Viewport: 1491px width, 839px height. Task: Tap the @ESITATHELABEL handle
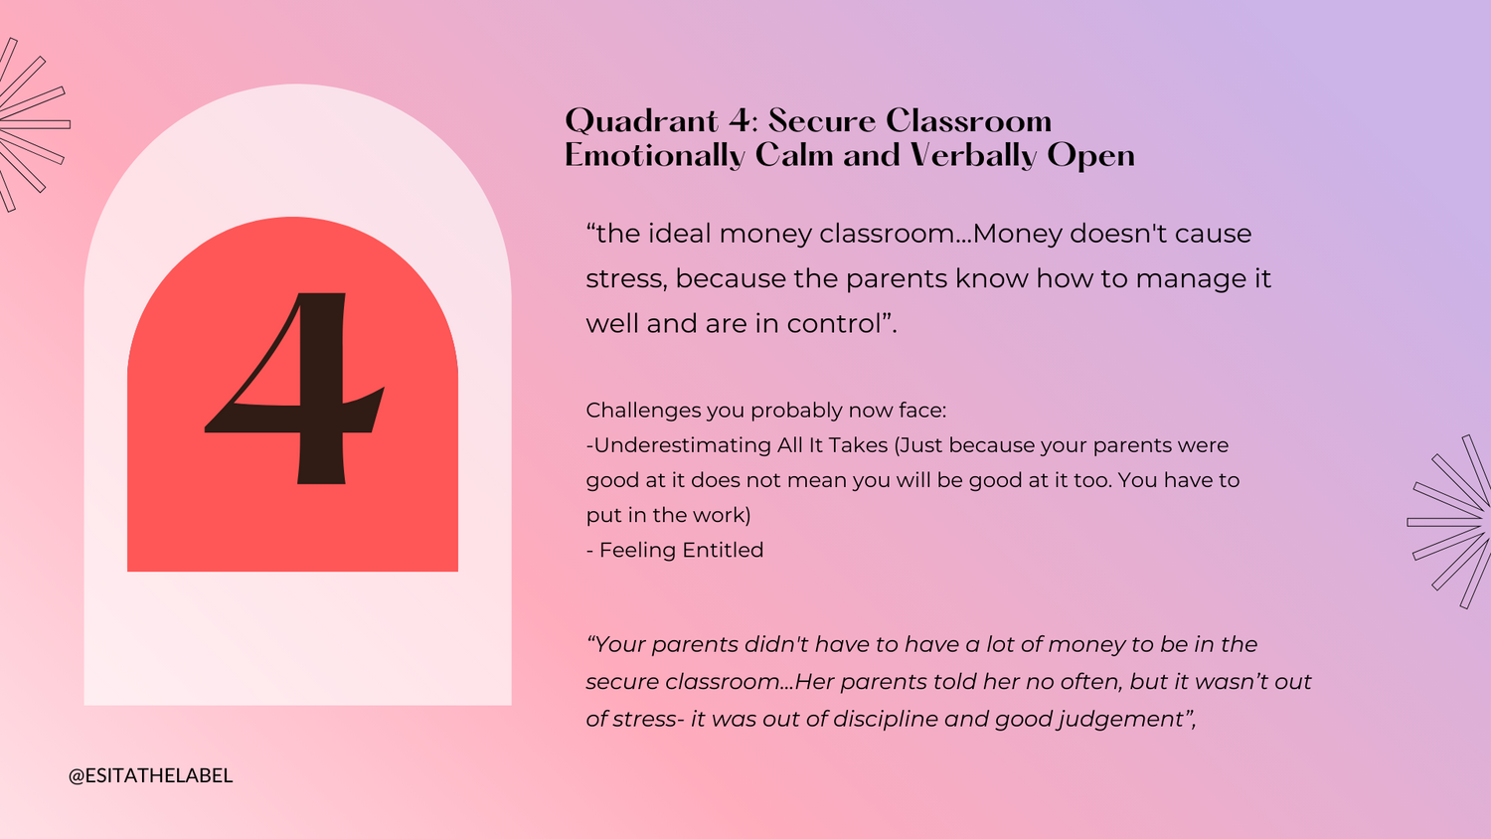(150, 775)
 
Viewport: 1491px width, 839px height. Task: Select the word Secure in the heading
(822, 121)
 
